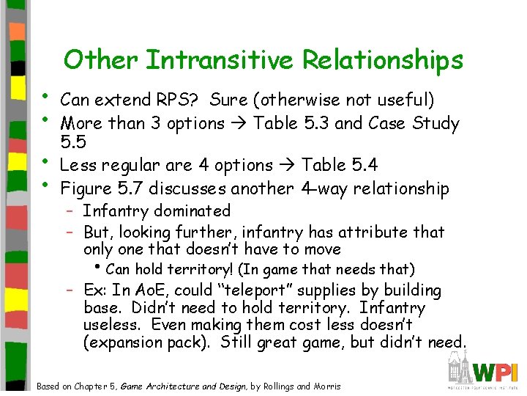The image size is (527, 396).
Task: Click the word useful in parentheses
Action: pos(399,100)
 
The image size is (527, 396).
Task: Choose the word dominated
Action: pos(192,211)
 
